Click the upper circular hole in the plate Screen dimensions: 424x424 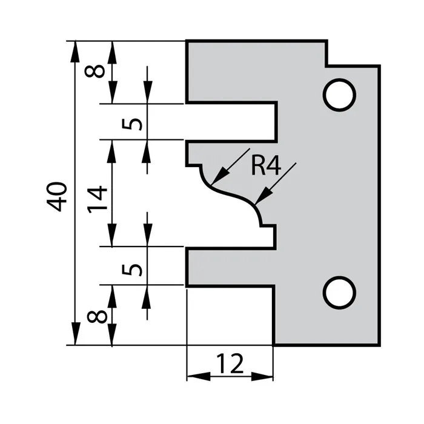click(x=339, y=94)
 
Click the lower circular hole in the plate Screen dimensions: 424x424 click(x=339, y=293)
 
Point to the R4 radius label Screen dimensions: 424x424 click(x=266, y=165)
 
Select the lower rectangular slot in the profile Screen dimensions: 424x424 click(x=230, y=266)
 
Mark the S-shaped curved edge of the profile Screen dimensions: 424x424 click(x=233, y=194)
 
